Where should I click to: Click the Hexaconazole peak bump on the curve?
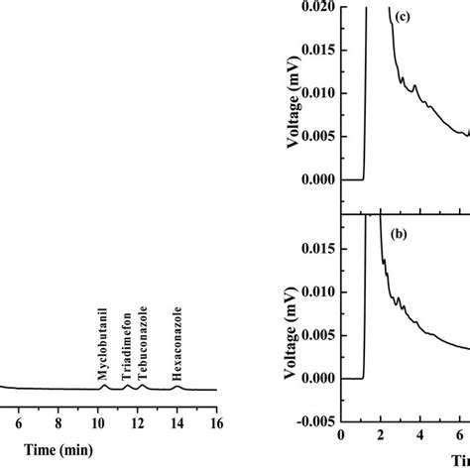(177, 386)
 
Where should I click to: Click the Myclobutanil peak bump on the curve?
(103, 386)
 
